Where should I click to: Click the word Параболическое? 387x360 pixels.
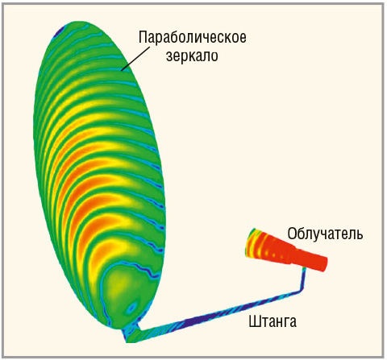[193, 37]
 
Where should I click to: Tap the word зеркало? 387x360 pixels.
[192, 56]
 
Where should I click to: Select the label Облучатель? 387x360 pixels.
[325, 234]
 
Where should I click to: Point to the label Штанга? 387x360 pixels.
[273, 321]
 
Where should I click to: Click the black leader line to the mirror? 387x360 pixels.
[135, 59]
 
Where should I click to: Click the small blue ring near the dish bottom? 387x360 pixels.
[132, 306]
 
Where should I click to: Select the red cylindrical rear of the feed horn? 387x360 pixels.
[312, 259]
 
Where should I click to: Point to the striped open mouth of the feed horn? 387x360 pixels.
[252, 242]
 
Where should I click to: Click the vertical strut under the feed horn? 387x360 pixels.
[303, 279]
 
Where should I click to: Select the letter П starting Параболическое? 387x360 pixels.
[144, 37]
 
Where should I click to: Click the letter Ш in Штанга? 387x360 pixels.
[254, 321]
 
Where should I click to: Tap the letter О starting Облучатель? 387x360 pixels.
[292, 234]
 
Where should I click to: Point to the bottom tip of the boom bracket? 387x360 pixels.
[127, 341]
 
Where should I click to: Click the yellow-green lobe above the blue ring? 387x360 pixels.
[123, 283]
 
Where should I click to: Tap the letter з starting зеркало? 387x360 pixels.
[169, 56]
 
